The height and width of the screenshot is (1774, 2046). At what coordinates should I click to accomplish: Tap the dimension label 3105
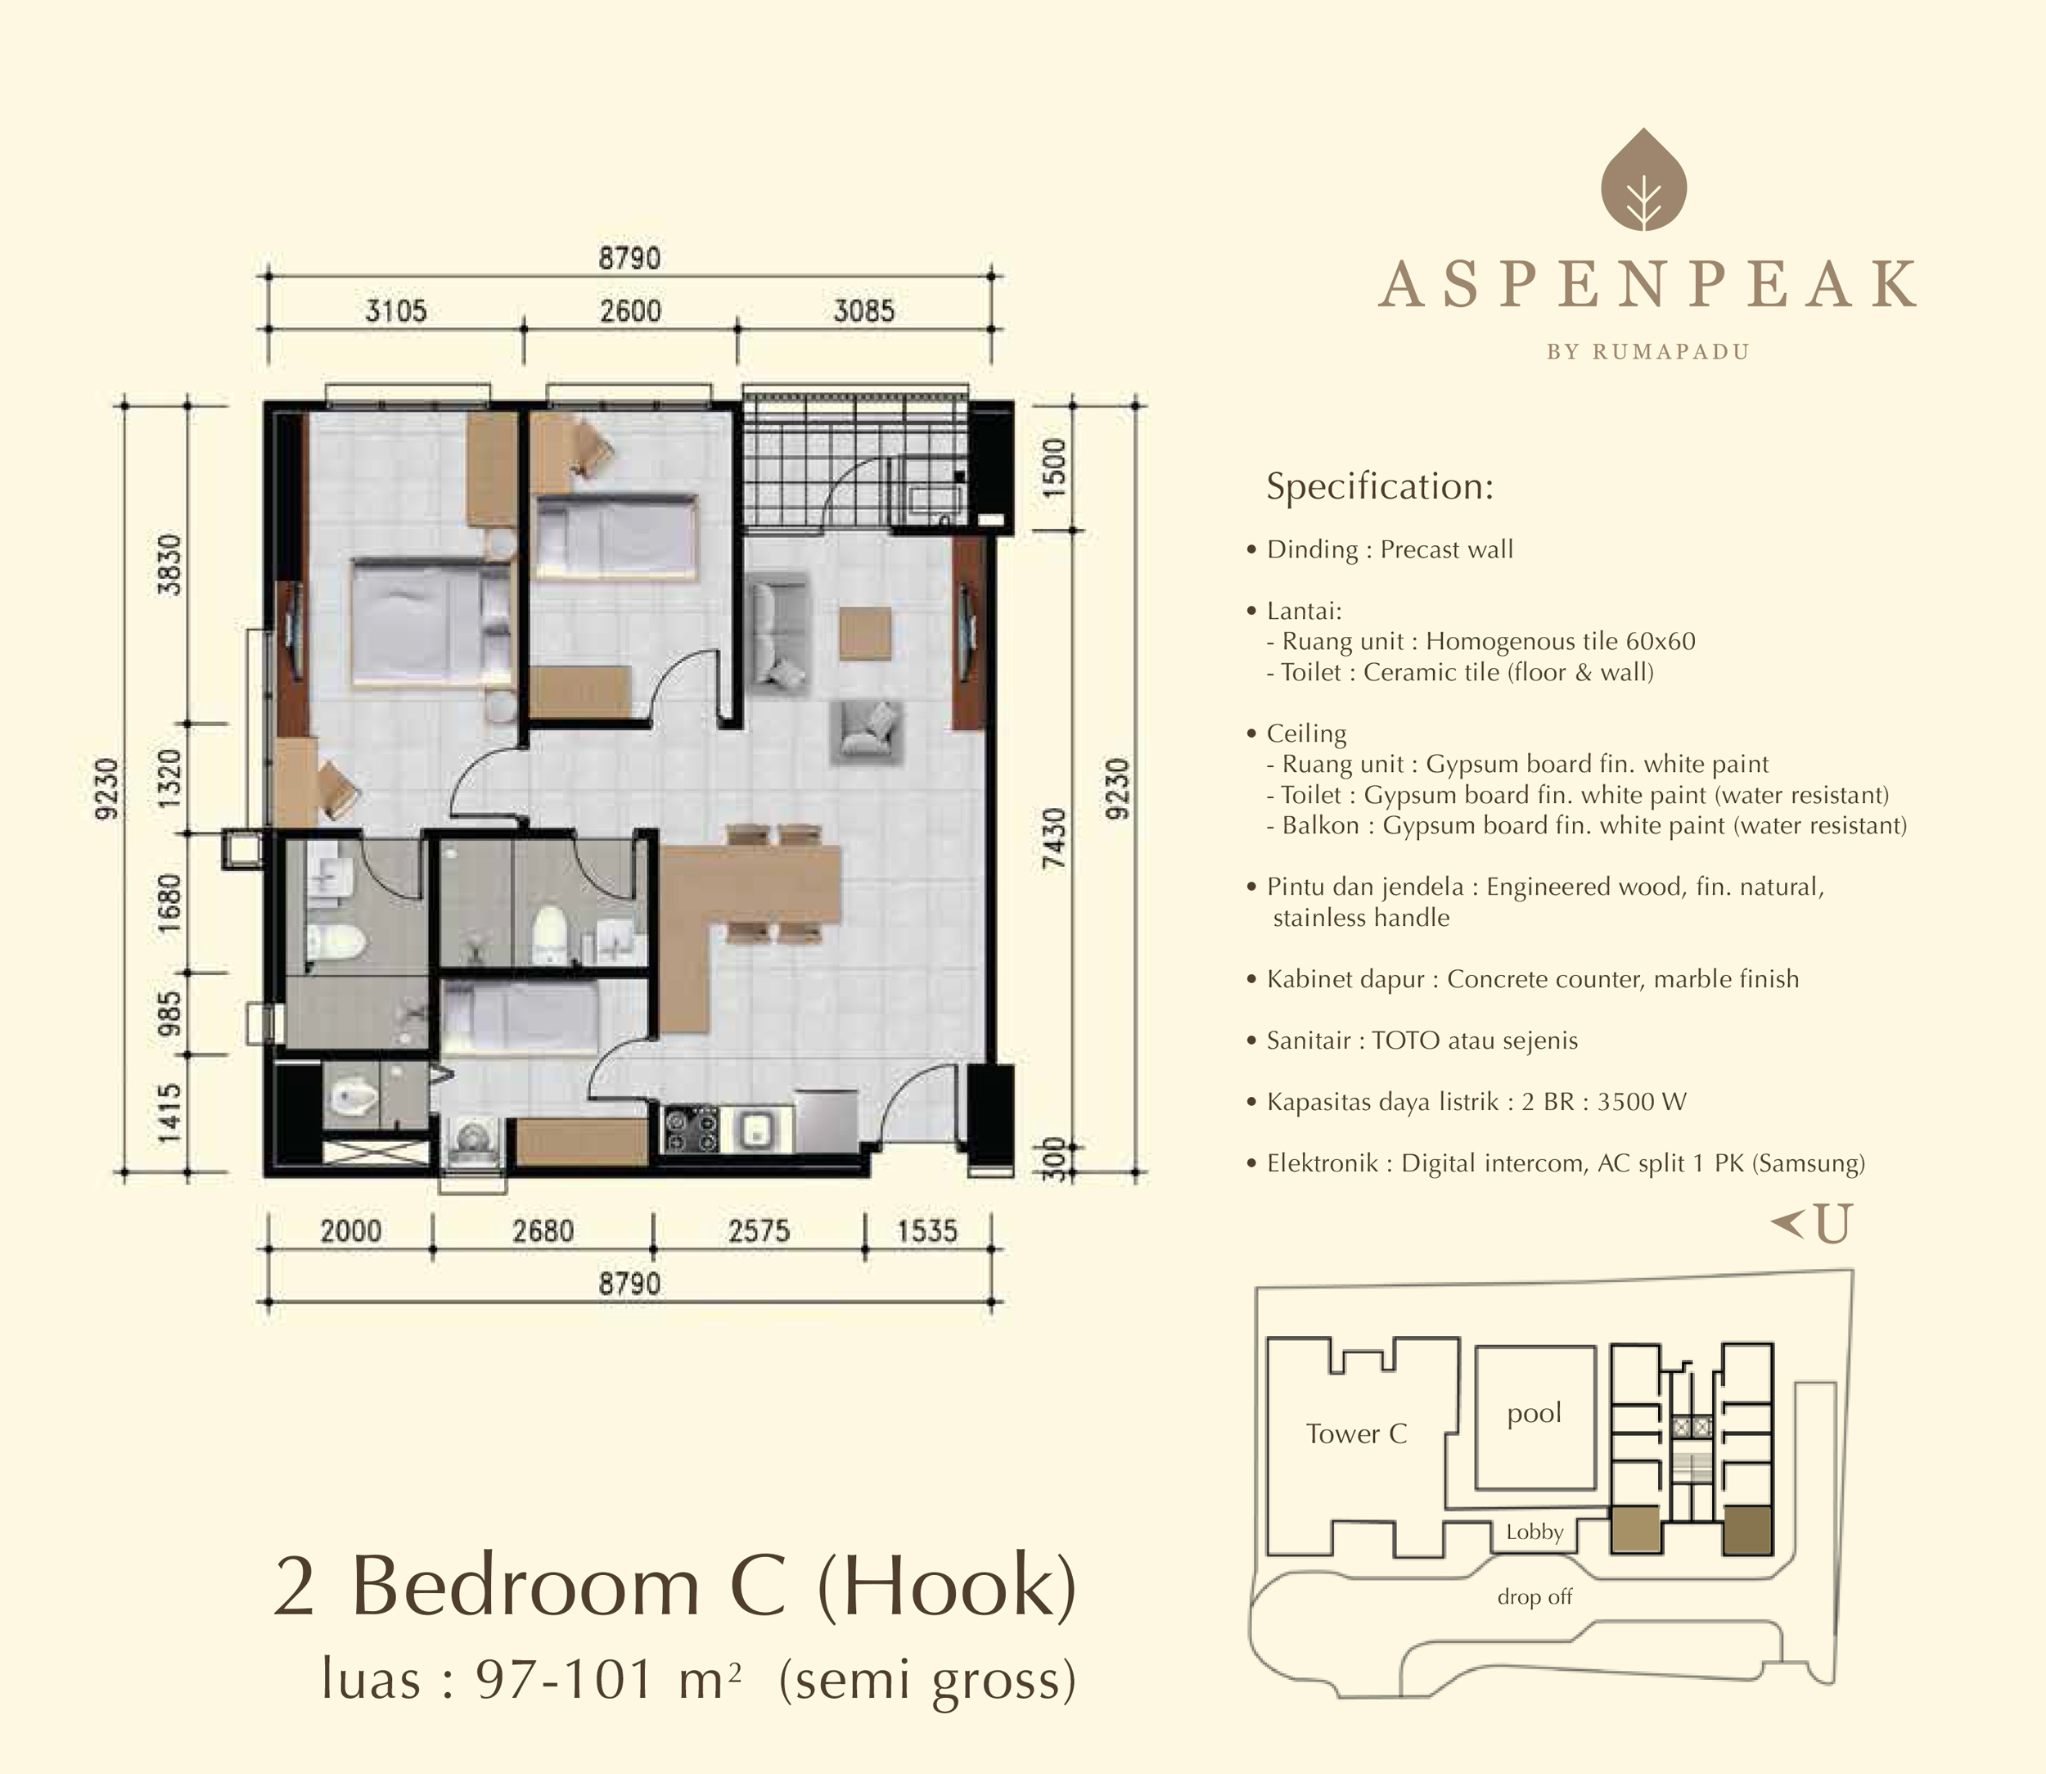point(396,311)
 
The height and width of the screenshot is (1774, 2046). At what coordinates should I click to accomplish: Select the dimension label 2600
point(630,311)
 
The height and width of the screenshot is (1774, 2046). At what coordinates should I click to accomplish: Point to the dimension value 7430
point(1057,838)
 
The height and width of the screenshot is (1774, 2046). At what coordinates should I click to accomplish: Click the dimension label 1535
point(927,1231)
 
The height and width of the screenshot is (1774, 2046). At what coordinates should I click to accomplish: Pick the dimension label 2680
point(543,1231)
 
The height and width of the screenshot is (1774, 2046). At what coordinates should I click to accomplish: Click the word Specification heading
point(1380,486)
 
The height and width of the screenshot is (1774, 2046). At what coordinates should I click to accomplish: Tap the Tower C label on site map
point(1356,1433)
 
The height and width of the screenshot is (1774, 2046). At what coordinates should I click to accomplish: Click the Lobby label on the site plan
point(1534,1533)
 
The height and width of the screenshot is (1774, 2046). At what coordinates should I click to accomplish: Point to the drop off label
point(1534,1597)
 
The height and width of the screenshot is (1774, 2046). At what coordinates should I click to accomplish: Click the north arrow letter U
point(1832,1226)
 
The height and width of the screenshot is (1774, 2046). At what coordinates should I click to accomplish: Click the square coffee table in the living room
point(865,633)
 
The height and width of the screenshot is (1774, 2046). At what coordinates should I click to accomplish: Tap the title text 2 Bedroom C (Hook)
point(674,1586)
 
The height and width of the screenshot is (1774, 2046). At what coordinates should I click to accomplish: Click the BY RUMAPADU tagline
point(1648,351)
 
